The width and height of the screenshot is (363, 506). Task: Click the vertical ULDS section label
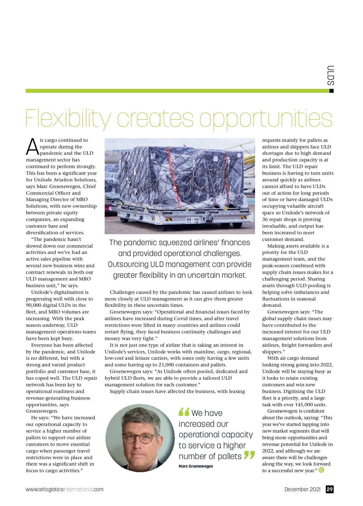(x=331, y=75)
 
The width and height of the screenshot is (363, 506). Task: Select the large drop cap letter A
(x=32, y=147)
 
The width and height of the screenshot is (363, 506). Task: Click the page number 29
(x=330, y=489)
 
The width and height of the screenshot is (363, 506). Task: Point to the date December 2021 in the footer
(x=302, y=489)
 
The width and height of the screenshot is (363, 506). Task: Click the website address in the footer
(x=64, y=489)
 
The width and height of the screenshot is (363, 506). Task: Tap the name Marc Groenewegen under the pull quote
(x=196, y=466)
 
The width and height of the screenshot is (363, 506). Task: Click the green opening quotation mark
(x=184, y=412)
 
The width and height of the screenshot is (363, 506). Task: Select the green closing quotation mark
(x=249, y=455)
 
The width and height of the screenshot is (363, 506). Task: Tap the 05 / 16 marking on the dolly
(x=192, y=219)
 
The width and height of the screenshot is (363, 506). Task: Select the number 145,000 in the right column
(x=304, y=405)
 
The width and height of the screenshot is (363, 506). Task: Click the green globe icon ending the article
(x=321, y=470)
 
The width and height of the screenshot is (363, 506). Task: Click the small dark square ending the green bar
(x=332, y=91)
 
